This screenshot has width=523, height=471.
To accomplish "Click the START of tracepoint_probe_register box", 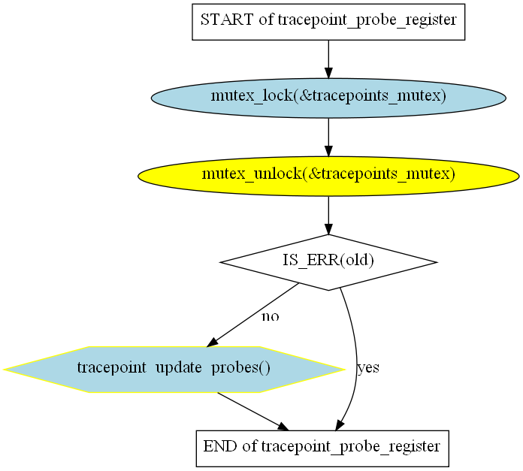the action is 328,22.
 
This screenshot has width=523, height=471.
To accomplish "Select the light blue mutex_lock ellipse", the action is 328,98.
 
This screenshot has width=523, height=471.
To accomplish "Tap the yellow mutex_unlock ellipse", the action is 328,176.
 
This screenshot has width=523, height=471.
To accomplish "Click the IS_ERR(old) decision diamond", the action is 328,262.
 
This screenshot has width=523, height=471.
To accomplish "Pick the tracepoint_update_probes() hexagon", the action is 174,370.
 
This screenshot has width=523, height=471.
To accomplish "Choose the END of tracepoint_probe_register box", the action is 322,448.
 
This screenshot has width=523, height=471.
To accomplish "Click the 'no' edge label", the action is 271,316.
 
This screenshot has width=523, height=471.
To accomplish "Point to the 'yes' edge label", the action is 368,367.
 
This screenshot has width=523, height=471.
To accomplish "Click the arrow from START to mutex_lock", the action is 328,59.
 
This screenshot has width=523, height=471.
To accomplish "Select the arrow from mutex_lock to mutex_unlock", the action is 328,137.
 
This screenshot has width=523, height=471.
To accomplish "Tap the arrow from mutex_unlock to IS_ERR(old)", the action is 328,216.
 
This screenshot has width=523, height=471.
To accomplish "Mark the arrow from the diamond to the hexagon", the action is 252,315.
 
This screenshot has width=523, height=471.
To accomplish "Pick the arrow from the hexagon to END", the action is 252,412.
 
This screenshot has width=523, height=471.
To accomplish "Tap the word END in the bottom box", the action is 220,446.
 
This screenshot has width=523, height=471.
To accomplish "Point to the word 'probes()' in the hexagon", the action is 240,367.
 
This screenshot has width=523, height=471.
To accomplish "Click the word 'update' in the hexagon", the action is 178,367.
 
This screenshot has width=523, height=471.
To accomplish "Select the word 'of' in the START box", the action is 266,20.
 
